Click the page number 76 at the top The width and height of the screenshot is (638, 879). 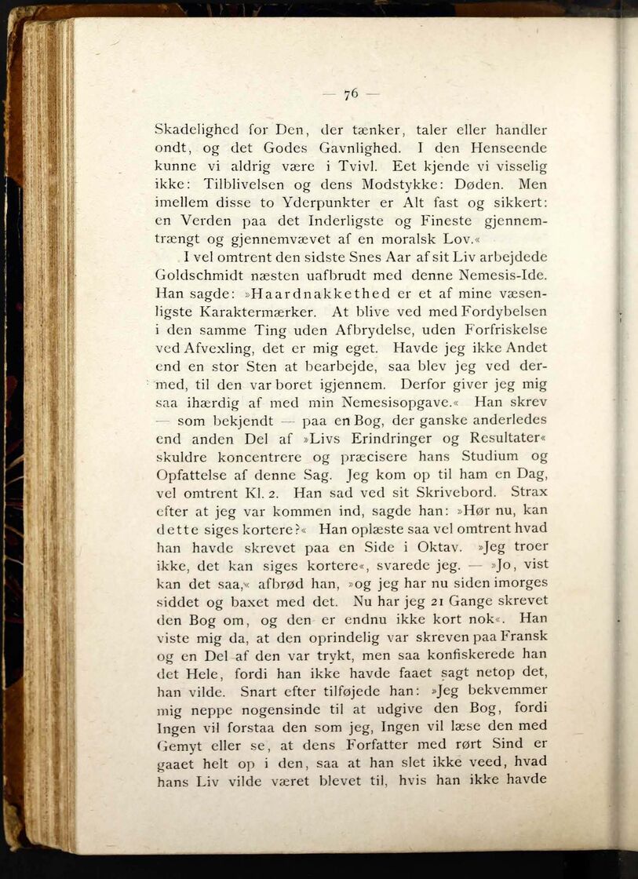click(351, 93)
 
